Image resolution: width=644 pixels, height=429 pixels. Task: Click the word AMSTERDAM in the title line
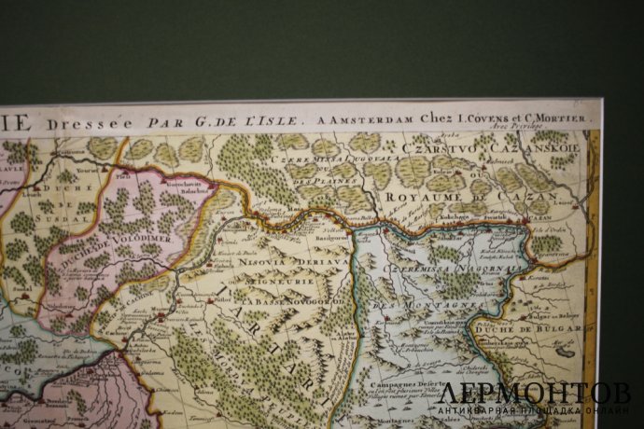pos(358,119)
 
